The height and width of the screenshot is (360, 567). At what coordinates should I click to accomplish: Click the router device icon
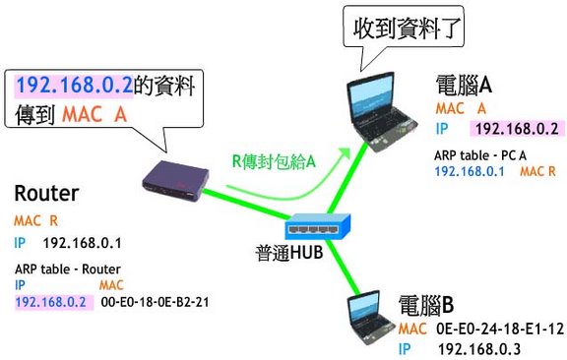click(x=175, y=181)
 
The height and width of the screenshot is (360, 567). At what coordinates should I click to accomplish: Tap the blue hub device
click(x=318, y=226)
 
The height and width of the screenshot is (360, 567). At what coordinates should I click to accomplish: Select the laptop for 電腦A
click(x=381, y=111)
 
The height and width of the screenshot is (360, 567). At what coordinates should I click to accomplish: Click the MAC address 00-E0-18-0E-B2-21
click(x=156, y=302)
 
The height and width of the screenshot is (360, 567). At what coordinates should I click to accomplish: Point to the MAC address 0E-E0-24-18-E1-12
click(x=500, y=329)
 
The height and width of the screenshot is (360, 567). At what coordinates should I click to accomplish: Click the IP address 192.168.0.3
click(x=479, y=349)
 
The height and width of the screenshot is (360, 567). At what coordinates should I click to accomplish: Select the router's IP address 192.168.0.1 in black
click(x=83, y=243)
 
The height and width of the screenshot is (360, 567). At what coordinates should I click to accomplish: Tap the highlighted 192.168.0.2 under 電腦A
click(x=517, y=129)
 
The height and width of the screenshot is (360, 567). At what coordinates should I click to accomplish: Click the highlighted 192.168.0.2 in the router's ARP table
click(x=51, y=302)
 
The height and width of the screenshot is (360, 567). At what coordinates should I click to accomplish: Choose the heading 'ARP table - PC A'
click(x=480, y=155)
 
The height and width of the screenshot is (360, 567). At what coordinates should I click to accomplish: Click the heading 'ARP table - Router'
click(x=68, y=270)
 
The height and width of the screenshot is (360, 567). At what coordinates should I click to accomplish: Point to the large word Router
click(x=46, y=194)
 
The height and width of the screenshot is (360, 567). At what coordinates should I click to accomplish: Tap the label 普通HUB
click(x=289, y=252)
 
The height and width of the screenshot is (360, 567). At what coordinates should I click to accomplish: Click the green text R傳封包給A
click(x=274, y=161)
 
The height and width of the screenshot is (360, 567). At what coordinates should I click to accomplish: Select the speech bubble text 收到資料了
click(x=407, y=29)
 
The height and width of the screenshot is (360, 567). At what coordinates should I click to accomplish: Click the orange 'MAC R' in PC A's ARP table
click(x=537, y=171)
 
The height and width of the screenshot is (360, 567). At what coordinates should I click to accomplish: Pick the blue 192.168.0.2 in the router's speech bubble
click(x=75, y=85)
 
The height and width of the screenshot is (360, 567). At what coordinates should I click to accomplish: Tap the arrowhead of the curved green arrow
click(x=345, y=151)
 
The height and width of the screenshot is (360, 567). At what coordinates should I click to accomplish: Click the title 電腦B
click(x=426, y=305)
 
